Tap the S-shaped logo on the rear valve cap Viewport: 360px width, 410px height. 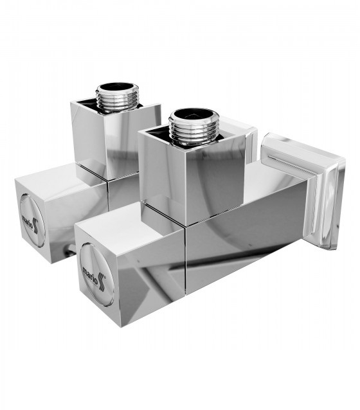point(35,226)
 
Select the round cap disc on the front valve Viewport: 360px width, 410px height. point(96,274)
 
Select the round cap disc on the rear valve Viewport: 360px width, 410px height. point(32,220)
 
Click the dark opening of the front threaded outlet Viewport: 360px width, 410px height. point(194,115)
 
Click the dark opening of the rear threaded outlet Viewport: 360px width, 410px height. point(116,87)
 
